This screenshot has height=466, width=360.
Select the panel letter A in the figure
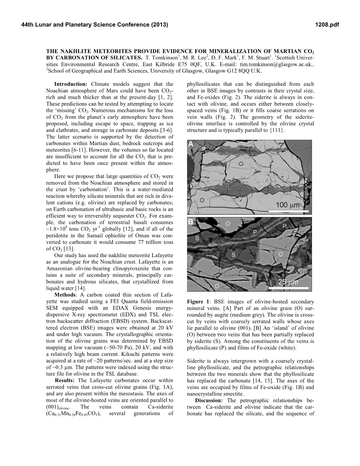(191, 144)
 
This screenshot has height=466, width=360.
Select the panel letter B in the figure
(191, 222)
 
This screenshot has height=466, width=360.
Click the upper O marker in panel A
(241, 163)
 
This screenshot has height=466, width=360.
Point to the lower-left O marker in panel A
(202, 200)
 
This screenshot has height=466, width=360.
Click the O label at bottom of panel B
(217, 286)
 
